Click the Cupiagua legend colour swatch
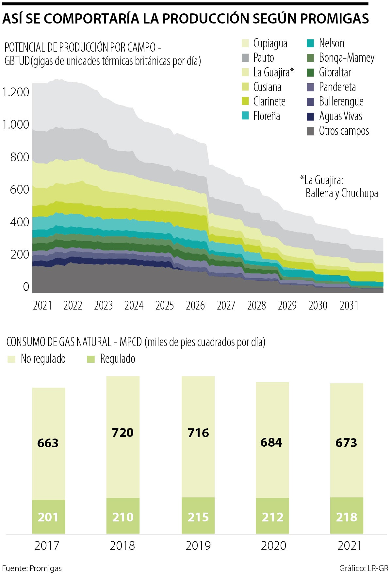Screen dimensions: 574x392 click(x=245, y=43)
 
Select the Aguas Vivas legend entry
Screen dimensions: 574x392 click(x=340, y=116)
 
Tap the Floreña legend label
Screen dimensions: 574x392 click(x=267, y=116)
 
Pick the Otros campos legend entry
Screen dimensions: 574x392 click(x=344, y=131)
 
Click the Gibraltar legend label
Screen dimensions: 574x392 click(x=335, y=72)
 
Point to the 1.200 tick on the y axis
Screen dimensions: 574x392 click(x=16, y=92)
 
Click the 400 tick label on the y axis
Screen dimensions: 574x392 click(x=20, y=222)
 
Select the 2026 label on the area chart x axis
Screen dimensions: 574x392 click(x=195, y=306)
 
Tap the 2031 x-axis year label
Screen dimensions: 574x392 click(x=349, y=306)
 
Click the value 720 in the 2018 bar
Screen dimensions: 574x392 click(x=123, y=433)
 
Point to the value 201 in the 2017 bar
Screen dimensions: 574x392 click(x=48, y=517)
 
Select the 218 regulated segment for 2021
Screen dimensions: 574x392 click(x=347, y=517)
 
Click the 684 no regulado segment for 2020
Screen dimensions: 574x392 click(x=271, y=442)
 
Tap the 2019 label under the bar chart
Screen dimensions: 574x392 click(x=198, y=546)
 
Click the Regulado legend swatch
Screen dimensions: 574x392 click(x=91, y=359)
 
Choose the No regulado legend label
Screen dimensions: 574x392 click(x=43, y=359)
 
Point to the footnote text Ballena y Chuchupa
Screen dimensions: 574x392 click(x=342, y=193)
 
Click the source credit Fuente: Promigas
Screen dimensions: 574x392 click(x=32, y=568)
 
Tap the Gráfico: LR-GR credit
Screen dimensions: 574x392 click(x=364, y=568)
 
